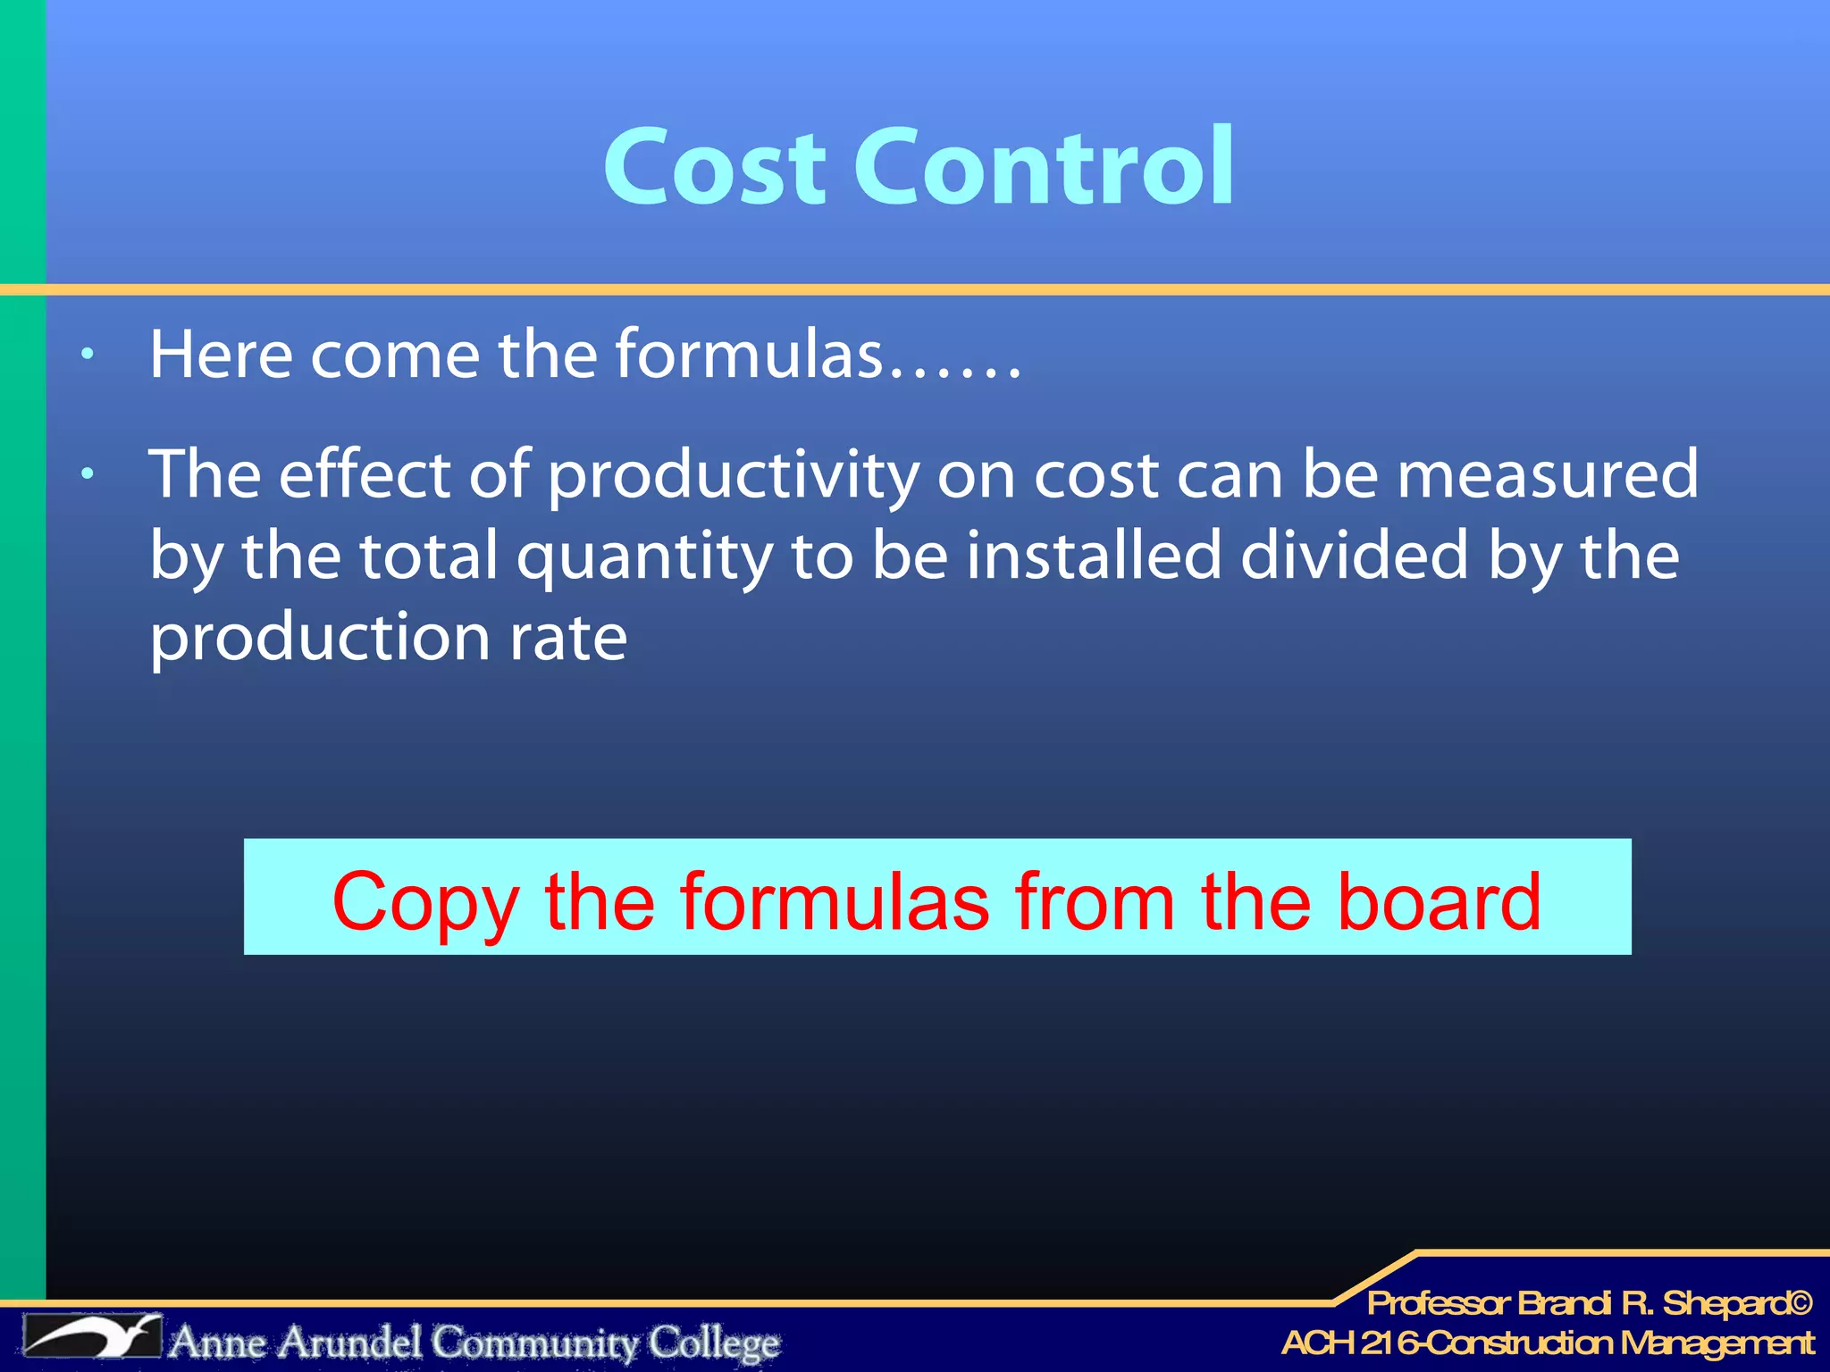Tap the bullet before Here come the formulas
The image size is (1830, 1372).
pyautogui.click(x=87, y=355)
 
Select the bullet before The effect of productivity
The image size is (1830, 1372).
pyautogui.click(x=87, y=474)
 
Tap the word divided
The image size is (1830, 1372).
pyautogui.click(x=1354, y=555)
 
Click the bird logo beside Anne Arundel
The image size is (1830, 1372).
pyautogui.click(x=93, y=1337)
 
